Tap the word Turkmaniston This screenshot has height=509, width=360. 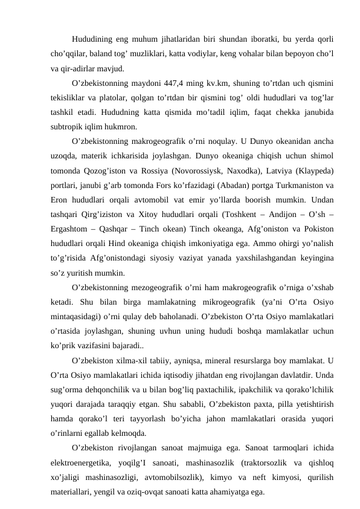tap(305, 186)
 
